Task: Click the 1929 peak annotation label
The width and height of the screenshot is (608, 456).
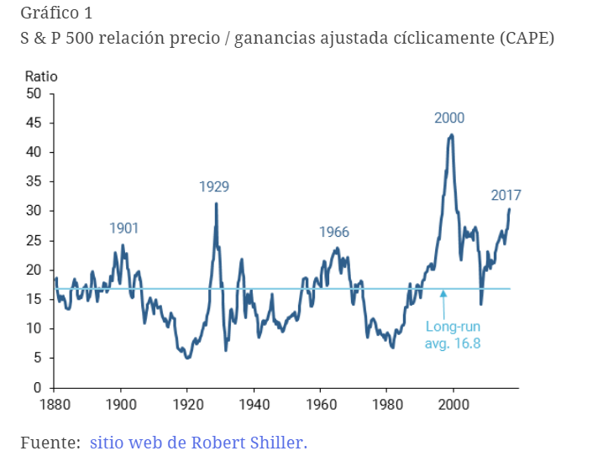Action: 214,186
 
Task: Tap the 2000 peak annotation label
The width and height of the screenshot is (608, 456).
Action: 449,118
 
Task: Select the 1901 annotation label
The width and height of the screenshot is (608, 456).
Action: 124,228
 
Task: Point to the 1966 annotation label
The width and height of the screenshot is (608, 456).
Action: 334,233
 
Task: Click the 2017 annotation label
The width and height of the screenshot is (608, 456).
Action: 506,196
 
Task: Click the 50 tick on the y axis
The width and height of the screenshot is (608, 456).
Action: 34,94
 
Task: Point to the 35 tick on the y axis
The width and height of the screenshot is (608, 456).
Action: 34,182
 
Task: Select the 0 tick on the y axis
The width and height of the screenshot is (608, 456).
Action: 38,388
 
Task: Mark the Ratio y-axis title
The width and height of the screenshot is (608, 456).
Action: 41,76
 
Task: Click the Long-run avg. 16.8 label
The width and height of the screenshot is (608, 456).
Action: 453,335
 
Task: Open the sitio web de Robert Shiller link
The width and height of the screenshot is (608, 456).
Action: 199,442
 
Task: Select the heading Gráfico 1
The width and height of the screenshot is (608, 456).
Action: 57,13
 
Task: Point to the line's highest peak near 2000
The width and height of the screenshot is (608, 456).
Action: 452,134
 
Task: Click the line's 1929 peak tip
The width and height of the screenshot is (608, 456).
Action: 216,203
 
